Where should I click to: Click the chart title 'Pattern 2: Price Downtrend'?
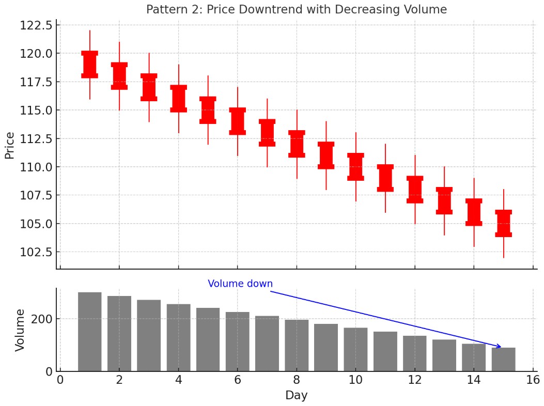[x=296, y=9]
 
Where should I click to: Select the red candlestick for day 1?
[x=89, y=65]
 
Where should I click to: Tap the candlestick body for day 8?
[x=297, y=144]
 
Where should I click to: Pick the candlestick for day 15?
[x=503, y=223]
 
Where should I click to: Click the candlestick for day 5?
[x=208, y=110]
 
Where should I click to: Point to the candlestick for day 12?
[x=415, y=189]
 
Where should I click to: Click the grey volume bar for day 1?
[x=89, y=332]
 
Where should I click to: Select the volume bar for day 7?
[x=267, y=343]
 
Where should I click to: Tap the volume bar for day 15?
[x=503, y=360]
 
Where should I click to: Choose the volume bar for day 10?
[x=355, y=349]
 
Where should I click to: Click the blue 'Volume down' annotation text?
[x=240, y=284]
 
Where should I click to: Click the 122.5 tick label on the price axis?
[x=36, y=25]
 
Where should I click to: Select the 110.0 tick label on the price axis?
[x=36, y=167]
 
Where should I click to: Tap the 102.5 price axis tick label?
[x=36, y=252]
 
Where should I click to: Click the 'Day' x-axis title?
[x=296, y=396]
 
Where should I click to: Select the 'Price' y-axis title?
[x=9, y=145]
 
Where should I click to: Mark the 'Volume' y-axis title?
[x=20, y=330]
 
